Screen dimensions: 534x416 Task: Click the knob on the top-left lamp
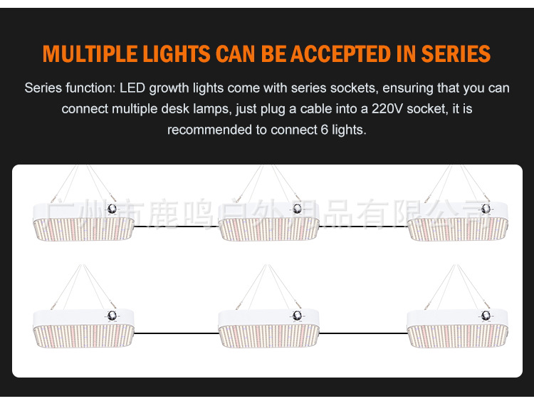(111, 209)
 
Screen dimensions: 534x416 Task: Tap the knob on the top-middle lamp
(297, 209)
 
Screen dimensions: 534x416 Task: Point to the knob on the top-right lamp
(486, 209)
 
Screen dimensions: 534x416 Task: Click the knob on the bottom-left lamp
(111, 316)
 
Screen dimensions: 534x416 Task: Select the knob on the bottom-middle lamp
(297, 316)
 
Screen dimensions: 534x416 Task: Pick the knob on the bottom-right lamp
(486, 316)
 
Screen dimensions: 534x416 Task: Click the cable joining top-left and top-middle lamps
(176, 227)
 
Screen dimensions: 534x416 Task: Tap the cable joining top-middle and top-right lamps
(363, 227)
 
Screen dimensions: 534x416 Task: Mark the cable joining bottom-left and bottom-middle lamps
(176, 333)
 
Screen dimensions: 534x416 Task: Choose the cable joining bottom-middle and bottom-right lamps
(363, 333)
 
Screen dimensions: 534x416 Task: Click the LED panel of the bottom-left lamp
(83, 336)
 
